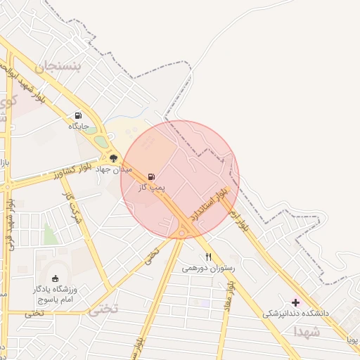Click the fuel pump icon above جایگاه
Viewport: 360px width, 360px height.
pyautogui.click(x=77, y=115)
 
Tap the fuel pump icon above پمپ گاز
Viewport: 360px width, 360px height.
pyautogui.click(x=151, y=176)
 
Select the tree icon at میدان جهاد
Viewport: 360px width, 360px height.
pyautogui.click(x=113, y=159)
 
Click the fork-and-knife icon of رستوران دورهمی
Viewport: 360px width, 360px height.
pyautogui.click(x=208, y=257)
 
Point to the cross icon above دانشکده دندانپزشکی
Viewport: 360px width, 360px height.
pyautogui.click(x=295, y=302)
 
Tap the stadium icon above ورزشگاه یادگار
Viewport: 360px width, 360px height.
pyautogui.click(x=56, y=279)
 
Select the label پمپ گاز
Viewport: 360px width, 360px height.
pyautogui.click(x=151, y=187)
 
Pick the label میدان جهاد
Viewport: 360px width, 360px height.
pyautogui.click(x=113, y=169)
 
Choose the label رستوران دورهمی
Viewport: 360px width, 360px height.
pyautogui.click(x=208, y=268)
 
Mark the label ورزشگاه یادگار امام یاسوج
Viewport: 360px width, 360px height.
pyautogui.click(x=58, y=295)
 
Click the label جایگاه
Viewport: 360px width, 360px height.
pyautogui.click(x=77, y=127)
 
